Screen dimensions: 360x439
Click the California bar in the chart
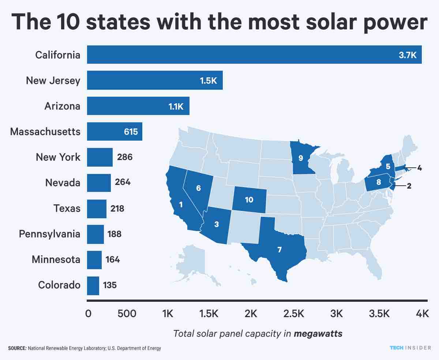click(x=254, y=55)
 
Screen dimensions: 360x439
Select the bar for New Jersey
click(x=155, y=80)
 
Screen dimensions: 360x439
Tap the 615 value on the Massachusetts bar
click(x=131, y=131)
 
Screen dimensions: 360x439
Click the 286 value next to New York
click(x=125, y=157)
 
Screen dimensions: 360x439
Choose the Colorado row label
click(x=59, y=285)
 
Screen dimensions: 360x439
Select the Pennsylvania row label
click(x=49, y=234)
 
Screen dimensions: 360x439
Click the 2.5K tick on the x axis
click(x=293, y=314)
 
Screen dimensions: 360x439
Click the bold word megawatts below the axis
click(x=318, y=334)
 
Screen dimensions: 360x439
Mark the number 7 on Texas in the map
click(x=279, y=250)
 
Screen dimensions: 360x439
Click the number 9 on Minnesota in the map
click(x=300, y=158)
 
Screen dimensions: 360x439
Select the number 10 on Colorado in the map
click(x=249, y=200)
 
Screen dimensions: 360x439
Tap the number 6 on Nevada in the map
click(x=198, y=188)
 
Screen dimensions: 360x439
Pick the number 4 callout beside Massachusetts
click(x=420, y=168)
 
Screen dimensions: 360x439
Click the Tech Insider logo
click(x=410, y=348)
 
